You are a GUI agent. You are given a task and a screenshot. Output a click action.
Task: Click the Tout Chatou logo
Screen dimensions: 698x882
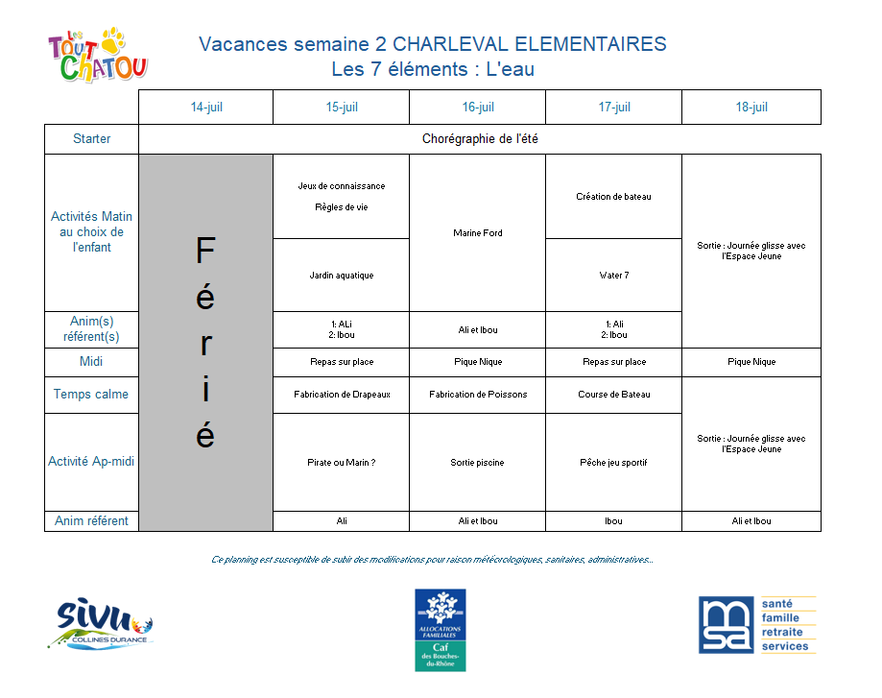[x=98, y=56]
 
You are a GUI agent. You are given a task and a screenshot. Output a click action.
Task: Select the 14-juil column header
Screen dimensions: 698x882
[x=206, y=108]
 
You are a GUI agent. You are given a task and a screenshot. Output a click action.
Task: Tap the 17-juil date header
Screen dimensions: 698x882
[x=614, y=108]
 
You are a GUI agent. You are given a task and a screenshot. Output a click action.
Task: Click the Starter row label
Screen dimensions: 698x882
[x=92, y=139]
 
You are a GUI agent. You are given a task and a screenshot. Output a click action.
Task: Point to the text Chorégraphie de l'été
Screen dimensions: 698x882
[x=480, y=139]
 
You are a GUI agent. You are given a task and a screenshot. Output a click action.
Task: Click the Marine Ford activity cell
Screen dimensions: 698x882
[x=478, y=233]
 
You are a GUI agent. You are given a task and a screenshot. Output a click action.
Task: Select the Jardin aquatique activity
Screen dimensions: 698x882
[x=342, y=276]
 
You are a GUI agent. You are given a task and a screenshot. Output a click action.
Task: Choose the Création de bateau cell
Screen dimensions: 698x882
[x=613, y=197]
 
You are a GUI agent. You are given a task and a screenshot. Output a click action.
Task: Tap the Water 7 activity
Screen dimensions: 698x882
[x=614, y=276]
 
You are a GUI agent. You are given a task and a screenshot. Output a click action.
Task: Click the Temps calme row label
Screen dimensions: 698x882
[x=91, y=395]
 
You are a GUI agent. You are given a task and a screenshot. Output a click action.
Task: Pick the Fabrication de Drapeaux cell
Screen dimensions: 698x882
[x=342, y=395]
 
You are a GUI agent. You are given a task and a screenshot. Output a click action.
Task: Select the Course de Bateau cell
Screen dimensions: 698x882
[x=614, y=395]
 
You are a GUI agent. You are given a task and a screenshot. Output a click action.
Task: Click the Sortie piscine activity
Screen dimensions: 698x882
[x=478, y=463]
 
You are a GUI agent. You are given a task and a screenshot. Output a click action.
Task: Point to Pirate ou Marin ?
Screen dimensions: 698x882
[x=342, y=463]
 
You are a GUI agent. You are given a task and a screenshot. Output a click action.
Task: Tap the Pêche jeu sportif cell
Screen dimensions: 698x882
[x=614, y=463]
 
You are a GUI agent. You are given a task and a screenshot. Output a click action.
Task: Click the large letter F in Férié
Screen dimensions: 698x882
[x=205, y=252]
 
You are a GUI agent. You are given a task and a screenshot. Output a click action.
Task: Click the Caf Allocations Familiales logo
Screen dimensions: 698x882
[x=440, y=629]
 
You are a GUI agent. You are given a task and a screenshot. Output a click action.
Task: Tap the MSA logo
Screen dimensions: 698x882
[x=757, y=625]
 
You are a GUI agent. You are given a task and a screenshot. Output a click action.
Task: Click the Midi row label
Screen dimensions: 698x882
[x=92, y=362]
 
